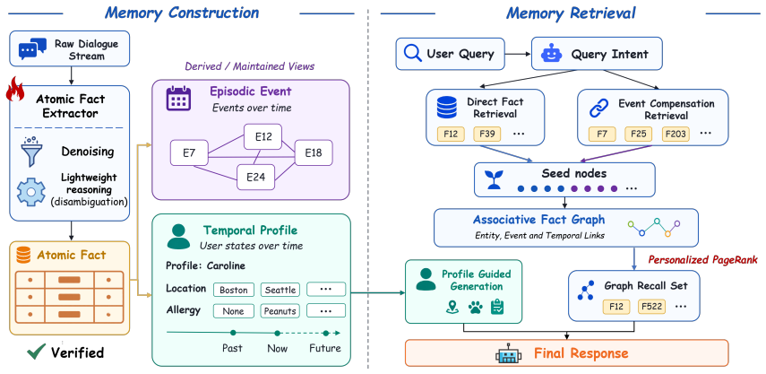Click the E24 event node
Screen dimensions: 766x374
click(x=255, y=177)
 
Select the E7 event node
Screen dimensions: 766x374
click(x=189, y=152)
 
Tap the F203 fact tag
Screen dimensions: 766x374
click(x=676, y=134)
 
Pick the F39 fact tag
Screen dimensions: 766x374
click(x=487, y=134)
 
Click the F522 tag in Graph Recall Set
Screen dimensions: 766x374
click(x=651, y=307)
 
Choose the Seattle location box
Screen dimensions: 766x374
click(x=280, y=290)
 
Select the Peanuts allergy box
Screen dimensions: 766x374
click(x=280, y=311)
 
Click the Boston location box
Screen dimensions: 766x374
click(x=234, y=290)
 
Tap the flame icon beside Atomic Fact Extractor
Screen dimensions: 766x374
click(x=15, y=89)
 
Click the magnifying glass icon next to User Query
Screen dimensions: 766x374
click(x=413, y=53)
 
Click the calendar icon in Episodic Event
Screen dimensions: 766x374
click(x=178, y=99)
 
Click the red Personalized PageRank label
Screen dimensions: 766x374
click(x=702, y=259)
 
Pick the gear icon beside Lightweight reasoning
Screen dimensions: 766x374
click(x=31, y=192)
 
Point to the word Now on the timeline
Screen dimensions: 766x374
click(x=277, y=349)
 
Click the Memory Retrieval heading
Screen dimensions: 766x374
click(x=571, y=13)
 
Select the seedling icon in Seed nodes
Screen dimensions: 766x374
click(x=493, y=180)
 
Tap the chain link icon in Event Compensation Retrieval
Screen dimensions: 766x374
click(x=598, y=109)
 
